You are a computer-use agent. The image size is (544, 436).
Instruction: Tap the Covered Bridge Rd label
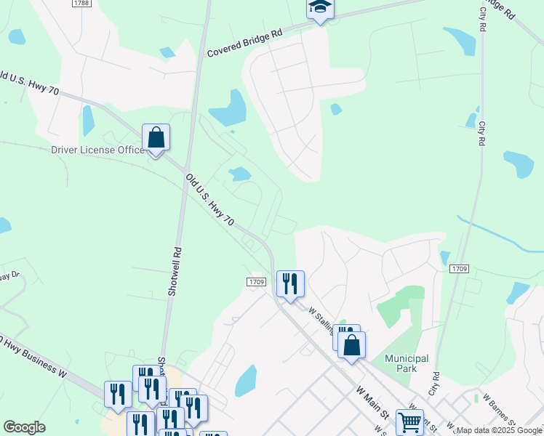pos(244,43)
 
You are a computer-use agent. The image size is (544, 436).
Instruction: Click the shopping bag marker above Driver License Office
pos(156,137)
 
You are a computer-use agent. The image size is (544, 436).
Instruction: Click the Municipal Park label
pos(407,363)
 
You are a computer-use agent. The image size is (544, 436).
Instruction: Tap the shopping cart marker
pos(409,421)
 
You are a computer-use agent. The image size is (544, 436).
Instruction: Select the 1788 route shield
pos(81,4)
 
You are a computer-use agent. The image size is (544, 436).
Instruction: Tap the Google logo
pos(24,427)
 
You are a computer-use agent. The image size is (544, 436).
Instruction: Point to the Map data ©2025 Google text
pos(499,430)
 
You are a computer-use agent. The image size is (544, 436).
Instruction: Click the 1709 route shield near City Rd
pos(459,269)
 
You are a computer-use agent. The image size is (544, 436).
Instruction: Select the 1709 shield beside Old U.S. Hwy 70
pos(255,281)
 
